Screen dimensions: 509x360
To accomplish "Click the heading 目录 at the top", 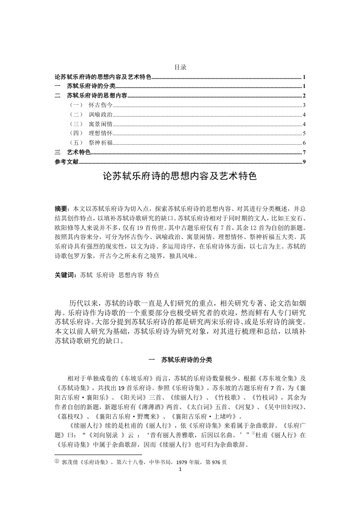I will coord(180,67).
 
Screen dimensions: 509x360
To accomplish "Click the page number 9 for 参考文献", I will coord(304,162).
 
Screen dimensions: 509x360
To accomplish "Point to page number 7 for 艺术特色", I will coord(304,152).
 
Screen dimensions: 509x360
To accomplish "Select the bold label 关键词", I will coord(64,275).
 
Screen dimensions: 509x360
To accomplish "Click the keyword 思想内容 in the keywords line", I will coord(130,275).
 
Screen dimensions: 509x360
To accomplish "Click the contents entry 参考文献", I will coord(66,162).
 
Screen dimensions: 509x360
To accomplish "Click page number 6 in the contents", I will coord(304,143).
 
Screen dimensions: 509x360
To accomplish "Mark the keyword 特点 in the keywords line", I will coord(153,275).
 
